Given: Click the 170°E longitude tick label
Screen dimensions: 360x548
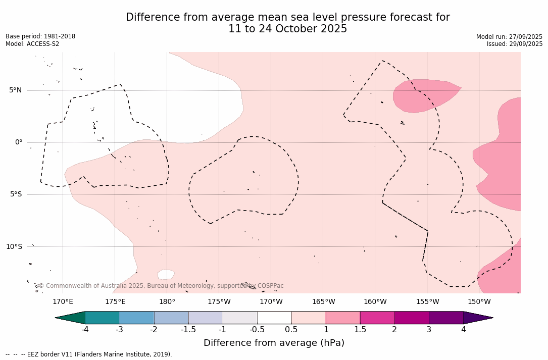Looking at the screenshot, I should pyautogui.click(x=63, y=302).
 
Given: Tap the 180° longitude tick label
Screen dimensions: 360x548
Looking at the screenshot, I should pyautogui.click(x=167, y=302).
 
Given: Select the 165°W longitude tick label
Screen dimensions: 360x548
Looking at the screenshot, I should pyautogui.click(x=323, y=302).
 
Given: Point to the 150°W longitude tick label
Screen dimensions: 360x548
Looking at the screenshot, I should pyautogui.click(x=479, y=302).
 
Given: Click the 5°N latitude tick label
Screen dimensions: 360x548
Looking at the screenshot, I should pyautogui.click(x=15, y=90).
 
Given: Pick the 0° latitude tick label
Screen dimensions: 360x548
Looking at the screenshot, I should pyautogui.click(x=18, y=142).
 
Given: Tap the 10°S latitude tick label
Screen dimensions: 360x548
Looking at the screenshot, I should pyautogui.click(x=14, y=247).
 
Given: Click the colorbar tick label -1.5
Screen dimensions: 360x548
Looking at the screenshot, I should pyautogui.click(x=188, y=330).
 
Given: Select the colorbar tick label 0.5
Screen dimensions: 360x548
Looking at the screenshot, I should pyautogui.click(x=291, y=330).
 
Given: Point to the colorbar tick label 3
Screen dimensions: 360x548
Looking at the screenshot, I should pyautogui.click(x=429, y=330).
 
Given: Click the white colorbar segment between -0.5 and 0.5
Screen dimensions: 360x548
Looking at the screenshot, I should pyautogui.click(x=274, y=318).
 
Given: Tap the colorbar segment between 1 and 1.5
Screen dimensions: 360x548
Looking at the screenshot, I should pyautogui.click(x=343, y=318).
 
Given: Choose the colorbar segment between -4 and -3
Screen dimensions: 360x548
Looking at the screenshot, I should pyautogui.click(x=103, y=318).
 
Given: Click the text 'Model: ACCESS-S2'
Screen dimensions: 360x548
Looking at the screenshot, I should pyautogui.click(x=32, y=44).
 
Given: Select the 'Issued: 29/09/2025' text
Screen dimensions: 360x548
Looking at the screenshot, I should pyautogui.click(x=515, y=44).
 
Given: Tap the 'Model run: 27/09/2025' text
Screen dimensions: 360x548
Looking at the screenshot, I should pyautogui.click(x=509, y=37).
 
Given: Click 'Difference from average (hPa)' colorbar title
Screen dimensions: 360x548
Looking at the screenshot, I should pyautogui.click(x=274, y=343).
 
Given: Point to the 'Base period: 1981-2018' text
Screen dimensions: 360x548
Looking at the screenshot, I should pyautogui.click(x=40, y=36).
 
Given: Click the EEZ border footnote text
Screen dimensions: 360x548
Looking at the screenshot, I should pyautogui.click(x=89, y=354).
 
